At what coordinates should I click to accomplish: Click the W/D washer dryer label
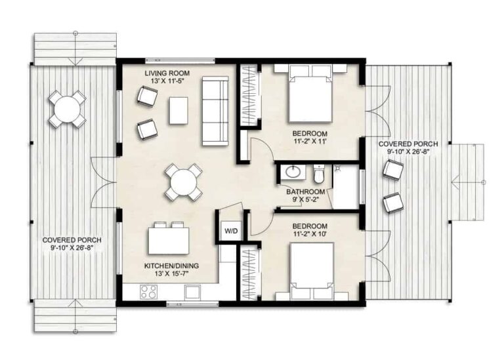230,231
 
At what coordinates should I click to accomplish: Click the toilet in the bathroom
319,175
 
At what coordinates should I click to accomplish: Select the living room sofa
215,111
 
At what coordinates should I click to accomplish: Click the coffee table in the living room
178,110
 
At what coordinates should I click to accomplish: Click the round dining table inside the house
183,182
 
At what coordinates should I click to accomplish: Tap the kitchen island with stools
169,240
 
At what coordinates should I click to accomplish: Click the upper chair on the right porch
392,170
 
